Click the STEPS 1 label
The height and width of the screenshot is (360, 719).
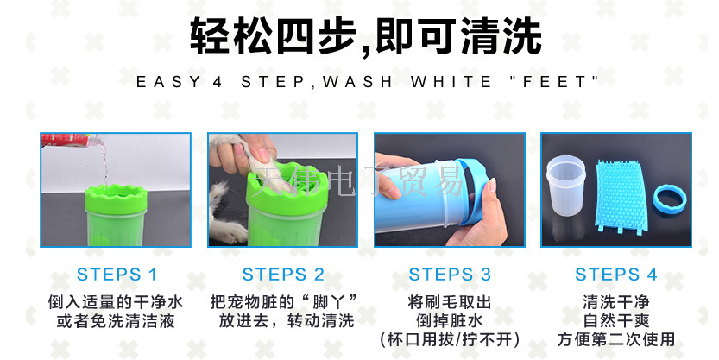(117, 275)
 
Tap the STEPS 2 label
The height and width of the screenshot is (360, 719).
(283, 275)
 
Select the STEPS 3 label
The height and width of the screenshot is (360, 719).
(450, 275)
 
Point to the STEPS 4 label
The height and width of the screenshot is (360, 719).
(616, 275)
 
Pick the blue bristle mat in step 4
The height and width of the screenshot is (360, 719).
(621, 196)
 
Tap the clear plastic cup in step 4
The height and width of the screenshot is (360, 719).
(566, 186)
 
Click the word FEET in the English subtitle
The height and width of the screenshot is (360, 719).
(554, 82)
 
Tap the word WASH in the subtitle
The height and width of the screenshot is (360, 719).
(357, 82)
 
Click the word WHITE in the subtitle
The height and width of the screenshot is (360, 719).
(451, 82)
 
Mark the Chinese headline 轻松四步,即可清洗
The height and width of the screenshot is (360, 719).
(366, 35)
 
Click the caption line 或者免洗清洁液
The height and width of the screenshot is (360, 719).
(116, 321)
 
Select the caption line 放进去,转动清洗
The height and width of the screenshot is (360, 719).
(287, 321)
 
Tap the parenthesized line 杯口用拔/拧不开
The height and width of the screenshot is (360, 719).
(450, 340)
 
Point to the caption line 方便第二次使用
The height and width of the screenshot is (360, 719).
(616, 340)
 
